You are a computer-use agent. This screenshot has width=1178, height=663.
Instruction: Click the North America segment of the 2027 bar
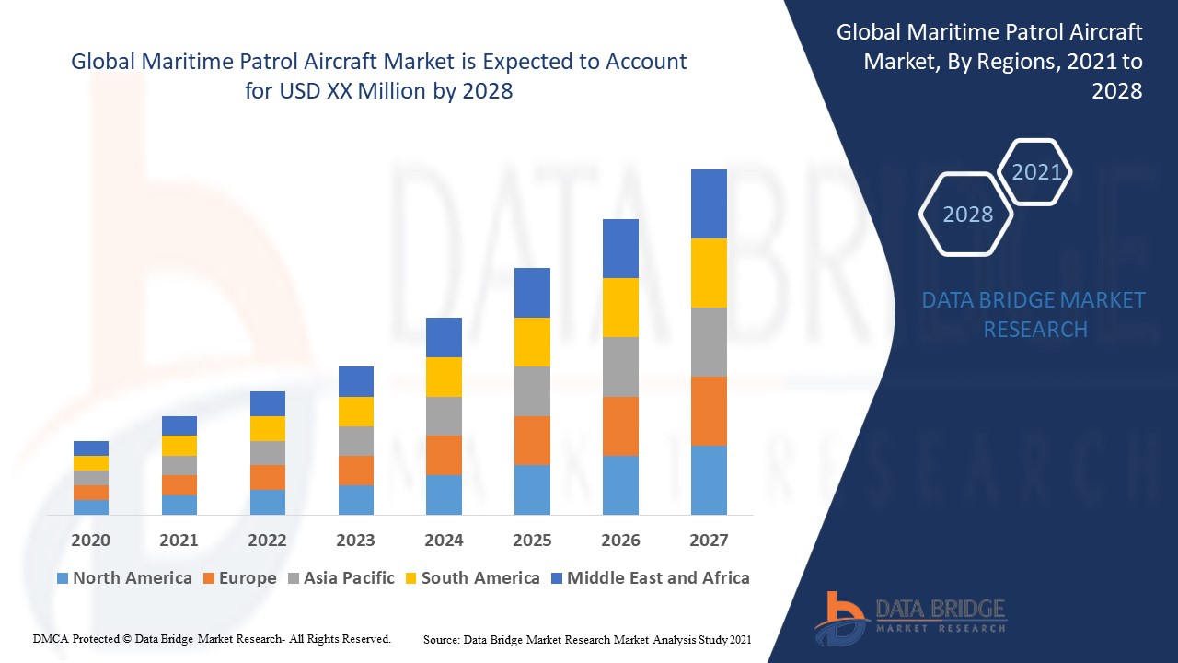[709, 480]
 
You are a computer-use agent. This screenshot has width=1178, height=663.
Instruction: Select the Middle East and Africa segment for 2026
[620, 249]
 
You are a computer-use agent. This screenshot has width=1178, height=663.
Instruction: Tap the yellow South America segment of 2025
[532, 342]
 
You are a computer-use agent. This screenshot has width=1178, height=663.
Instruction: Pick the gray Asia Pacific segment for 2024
[444, 416]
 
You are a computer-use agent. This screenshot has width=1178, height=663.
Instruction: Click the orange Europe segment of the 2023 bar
[356, 471]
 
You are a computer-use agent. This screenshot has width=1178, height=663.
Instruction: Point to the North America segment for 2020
[91, 507]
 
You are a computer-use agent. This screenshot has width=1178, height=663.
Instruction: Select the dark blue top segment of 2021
[179, 425]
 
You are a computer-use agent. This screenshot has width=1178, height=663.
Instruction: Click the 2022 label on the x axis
[267, 541]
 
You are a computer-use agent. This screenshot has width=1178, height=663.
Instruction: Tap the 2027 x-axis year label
[709, 541]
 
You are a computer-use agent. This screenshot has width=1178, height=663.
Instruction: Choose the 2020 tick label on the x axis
[91, 541]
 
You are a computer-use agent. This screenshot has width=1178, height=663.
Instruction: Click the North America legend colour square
[63, 578]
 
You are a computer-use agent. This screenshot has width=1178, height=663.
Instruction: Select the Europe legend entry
[238, 578]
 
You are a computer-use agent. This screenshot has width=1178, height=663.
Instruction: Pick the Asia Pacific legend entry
[341, 578]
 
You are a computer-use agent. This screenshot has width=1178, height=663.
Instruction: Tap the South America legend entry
[471, 578]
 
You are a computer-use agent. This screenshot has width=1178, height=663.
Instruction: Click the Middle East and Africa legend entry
[650, 578]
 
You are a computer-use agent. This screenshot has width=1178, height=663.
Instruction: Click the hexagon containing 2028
[967, 215]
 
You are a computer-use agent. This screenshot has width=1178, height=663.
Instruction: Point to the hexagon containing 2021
[1036, 172]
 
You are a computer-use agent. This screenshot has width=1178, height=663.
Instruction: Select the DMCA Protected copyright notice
[212, 638]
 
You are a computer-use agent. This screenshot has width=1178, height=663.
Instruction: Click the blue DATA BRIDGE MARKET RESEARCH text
[1034, 315]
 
